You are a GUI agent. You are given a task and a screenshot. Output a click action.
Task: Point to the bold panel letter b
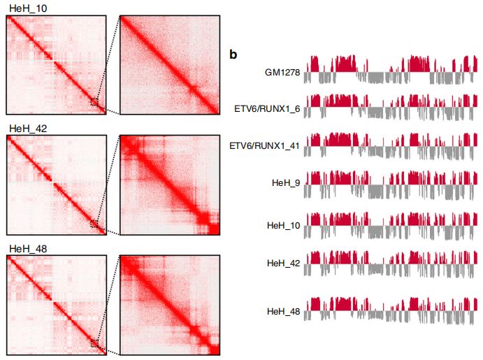(x=233, y=54)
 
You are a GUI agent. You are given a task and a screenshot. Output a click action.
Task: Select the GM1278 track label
(x=282, y=71)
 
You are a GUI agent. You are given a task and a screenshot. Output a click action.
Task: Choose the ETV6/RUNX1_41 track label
(x=265, y=146)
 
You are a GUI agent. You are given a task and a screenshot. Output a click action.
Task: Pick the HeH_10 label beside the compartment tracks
(x=283, y=225)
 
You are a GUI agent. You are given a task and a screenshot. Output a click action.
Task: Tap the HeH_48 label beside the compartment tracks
(x=283, y=311)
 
